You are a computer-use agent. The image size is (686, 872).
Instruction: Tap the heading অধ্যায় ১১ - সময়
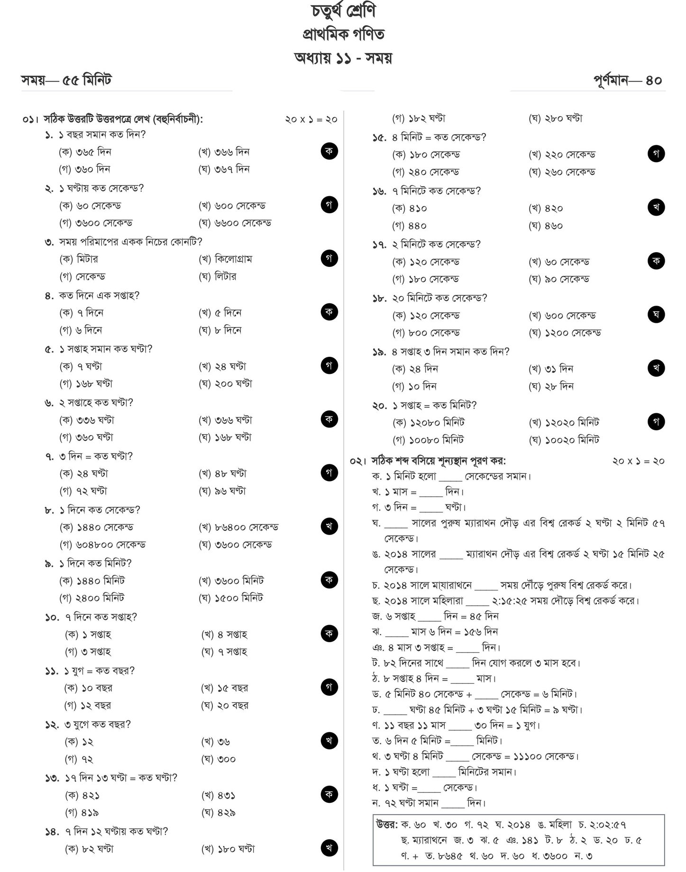coord(343,58)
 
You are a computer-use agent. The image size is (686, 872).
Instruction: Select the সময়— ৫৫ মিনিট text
coord(66,80)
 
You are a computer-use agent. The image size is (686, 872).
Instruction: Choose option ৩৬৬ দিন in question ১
coord(224,152)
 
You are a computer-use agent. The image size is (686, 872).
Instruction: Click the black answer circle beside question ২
coord(329,204)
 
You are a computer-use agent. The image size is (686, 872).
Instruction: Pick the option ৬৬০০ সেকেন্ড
coord(235,223)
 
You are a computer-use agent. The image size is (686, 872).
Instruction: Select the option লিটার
coord(218,276)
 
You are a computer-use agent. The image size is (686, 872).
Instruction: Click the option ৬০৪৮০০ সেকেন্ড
coord(102,545)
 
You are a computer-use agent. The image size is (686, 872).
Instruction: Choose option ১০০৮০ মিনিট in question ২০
coord(428,440)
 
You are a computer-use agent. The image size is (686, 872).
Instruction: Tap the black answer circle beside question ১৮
coord(656,314)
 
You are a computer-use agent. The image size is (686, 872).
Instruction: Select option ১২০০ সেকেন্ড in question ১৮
coord(565,333)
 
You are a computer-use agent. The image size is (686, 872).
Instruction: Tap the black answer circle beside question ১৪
coord(329,848)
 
